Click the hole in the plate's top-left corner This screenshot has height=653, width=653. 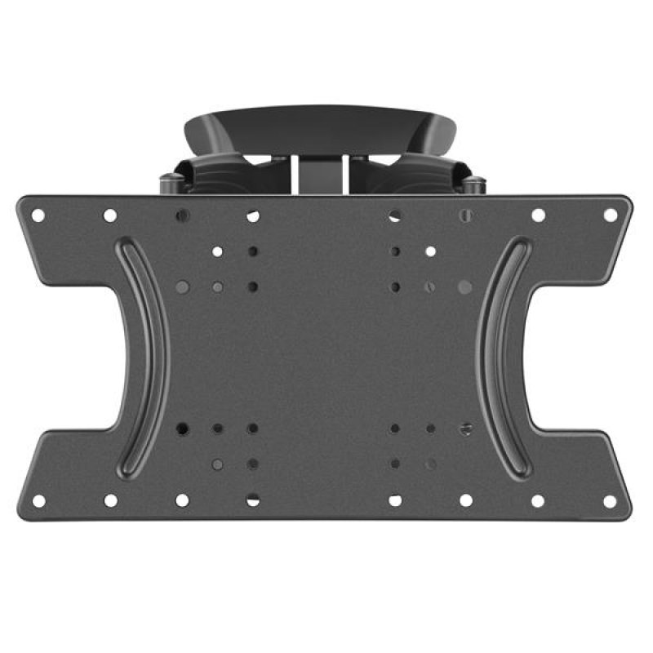(38, 215)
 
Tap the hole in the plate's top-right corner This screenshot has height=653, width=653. (610, 215)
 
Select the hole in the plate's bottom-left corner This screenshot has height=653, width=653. (38, 500)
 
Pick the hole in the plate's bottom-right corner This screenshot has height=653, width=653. (610, 500)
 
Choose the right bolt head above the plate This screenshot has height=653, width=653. (474, 181)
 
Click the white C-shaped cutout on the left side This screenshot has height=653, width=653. (82, 357)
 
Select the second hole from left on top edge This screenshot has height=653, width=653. (109, 215)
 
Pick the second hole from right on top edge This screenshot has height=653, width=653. (538, 215)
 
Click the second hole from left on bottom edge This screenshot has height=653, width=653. (109, 500)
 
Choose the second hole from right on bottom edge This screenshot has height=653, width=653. (538, 500)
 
